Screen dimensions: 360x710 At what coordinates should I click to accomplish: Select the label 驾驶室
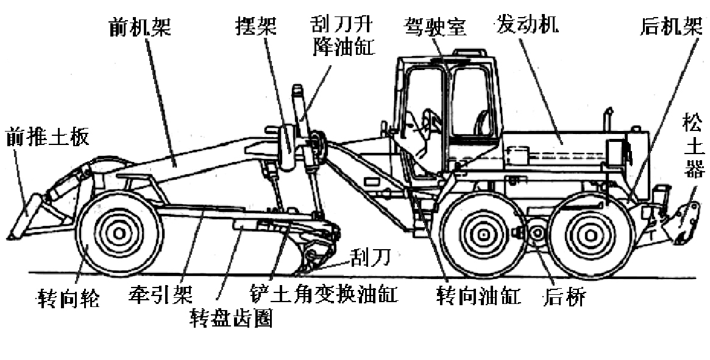pyautogui.click(x=434, y=26)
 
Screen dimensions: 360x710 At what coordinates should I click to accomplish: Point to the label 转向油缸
pyautogui.click(x=478, y=296)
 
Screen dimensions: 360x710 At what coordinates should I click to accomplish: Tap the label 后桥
pyautogui.click(x=564, y=297)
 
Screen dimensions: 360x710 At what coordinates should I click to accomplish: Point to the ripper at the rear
pyautogui.click(x=686, y=222)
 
